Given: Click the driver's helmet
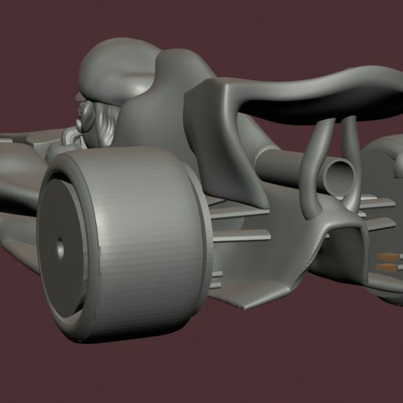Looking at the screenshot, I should click(117, 66).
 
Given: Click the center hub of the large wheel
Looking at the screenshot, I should click(61, 247).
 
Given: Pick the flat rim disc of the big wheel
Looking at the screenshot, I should click(62, 250).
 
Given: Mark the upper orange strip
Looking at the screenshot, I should click(387, 257).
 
